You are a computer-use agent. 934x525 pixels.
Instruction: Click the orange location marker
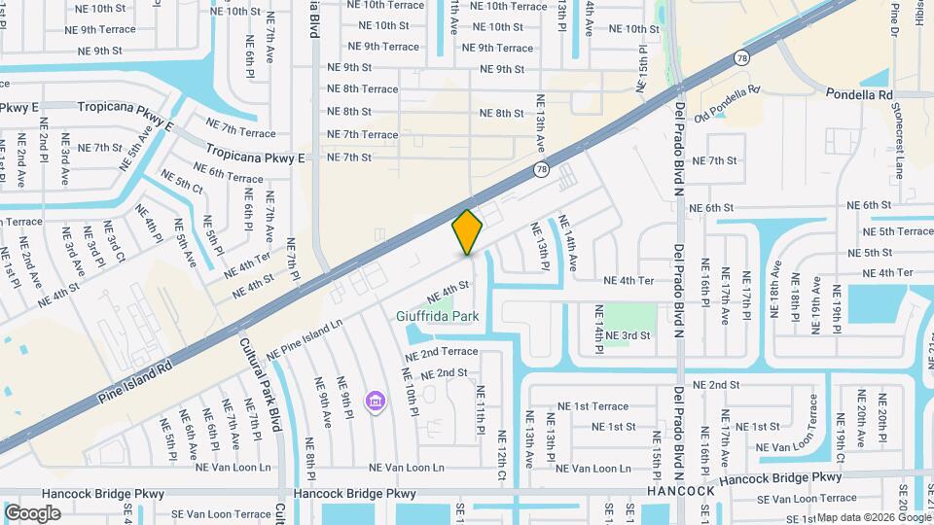(468, 231)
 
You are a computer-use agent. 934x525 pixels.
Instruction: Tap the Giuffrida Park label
(438, 316)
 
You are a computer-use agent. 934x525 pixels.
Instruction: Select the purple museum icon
(374, 401)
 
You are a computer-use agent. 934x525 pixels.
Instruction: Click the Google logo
(33, 512)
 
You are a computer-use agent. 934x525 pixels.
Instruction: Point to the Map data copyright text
(874, 517)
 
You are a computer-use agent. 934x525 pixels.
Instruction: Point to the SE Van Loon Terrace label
(214, 513)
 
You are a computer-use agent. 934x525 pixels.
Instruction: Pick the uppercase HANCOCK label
(681, 491)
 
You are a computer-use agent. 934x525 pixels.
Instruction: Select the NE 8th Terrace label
(363, 89)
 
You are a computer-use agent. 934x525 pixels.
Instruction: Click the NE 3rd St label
(627, 335)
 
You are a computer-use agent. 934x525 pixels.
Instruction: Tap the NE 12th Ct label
(502, 454)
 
